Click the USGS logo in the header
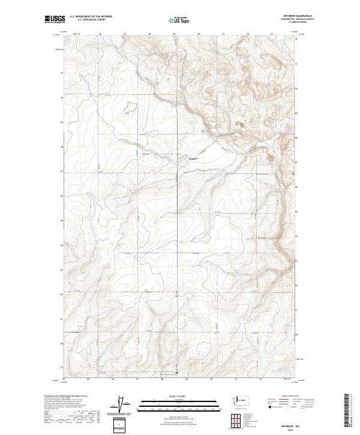55,20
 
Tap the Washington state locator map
243,400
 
